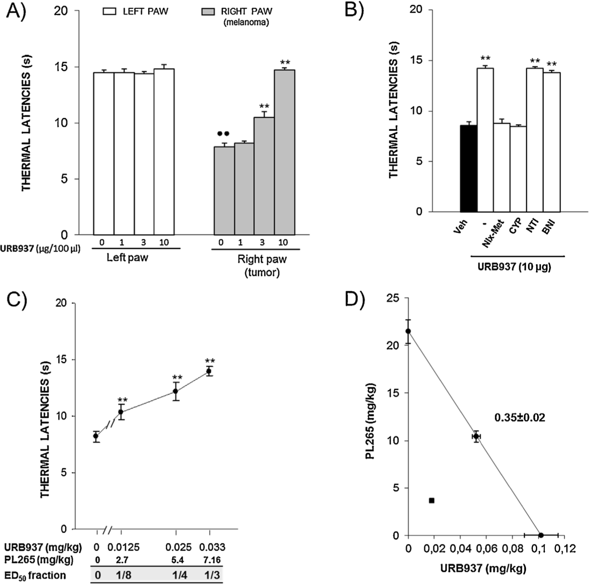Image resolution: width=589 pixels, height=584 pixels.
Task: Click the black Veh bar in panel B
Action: [468, 169]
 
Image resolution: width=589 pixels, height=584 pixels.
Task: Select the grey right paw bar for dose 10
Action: [284, 152]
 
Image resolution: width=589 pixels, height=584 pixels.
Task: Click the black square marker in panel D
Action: [431, 500]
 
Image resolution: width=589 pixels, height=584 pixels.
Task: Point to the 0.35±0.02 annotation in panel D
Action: [519, 418]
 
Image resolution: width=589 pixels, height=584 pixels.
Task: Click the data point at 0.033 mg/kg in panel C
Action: [208, 371]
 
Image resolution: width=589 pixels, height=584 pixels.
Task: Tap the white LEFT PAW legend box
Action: [109, 11]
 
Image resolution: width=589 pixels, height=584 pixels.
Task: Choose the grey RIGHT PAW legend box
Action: [208, 11]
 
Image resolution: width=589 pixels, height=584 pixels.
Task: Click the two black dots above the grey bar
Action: [223, 134]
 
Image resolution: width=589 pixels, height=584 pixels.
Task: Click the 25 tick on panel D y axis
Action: [393, 298]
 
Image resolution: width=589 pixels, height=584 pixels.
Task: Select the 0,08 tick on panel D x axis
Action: [512, 549]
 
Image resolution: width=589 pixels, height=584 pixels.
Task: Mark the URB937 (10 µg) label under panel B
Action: [514, 267]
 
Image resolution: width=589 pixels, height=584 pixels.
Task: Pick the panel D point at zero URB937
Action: [408, 331]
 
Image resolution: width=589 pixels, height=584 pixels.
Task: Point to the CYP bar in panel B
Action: [518, 169]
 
